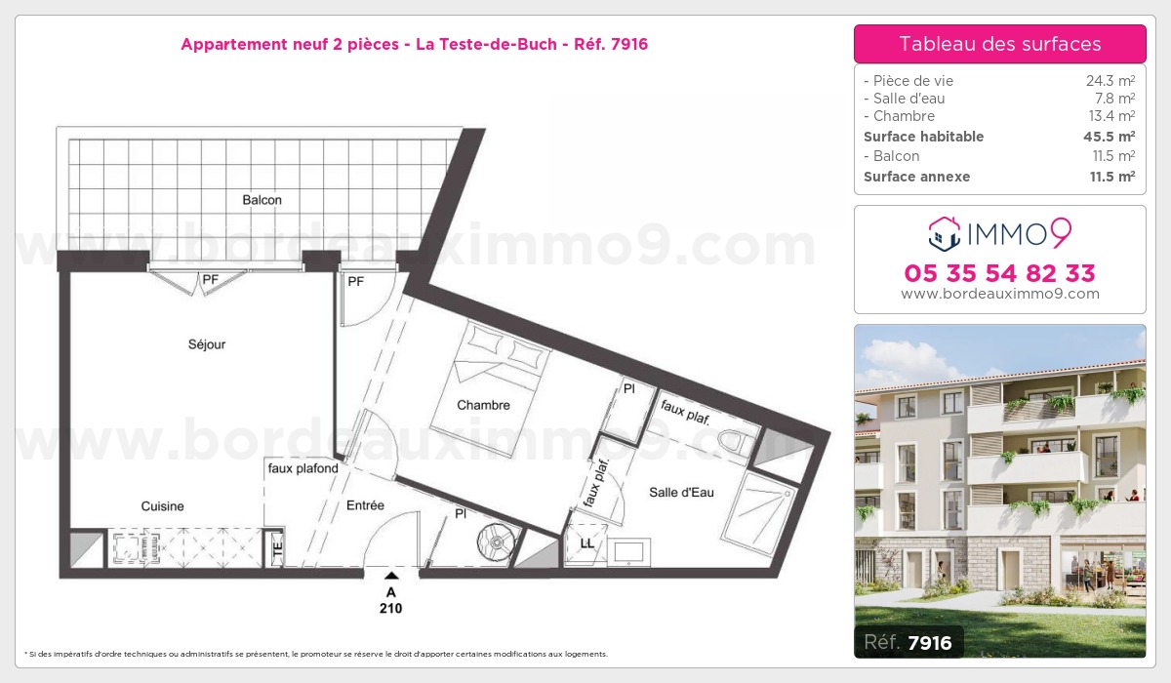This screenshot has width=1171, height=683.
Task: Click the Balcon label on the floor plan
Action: (x=262, y=200)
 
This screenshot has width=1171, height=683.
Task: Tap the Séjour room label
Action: (x=207, y=343)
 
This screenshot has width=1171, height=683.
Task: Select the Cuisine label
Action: (x=162, y=505)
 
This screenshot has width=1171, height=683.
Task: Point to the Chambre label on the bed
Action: (x=483, y=405)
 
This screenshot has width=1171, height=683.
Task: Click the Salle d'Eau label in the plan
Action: (x=681, y=492)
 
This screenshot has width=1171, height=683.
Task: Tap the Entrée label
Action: (x=365, y=504)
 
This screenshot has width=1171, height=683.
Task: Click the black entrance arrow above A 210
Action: (x=391, y=576)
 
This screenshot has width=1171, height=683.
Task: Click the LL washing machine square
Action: (x=586, y=544)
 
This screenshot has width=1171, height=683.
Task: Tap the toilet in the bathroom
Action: (x=737, y=442)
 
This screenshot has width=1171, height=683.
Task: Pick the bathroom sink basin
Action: (x=628, y=552)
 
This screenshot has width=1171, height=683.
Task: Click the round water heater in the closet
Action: (x=496, y=542)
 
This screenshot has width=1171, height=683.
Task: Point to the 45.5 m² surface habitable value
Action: (x=1109, y=137)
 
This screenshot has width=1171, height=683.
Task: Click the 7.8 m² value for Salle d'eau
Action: (x=1114, y=99)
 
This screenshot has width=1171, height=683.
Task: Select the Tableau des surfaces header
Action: (x=1000, y=44)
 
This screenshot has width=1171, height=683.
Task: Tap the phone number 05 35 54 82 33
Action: (x=999, y=273)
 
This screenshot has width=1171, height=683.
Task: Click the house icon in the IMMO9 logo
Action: (x=945, y=233)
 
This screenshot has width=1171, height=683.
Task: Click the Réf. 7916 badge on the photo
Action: (x=909, y=642)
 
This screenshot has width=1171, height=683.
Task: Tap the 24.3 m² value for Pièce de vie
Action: (x=1110, y=80)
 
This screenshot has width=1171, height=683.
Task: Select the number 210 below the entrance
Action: (x=391, y=608)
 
